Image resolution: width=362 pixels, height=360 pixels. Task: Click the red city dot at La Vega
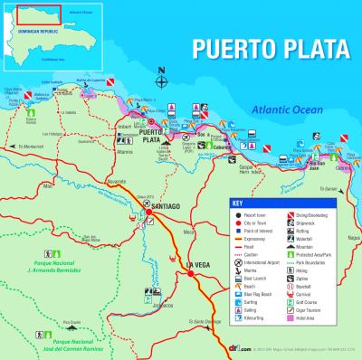pyautogui.click(x=190, y=274)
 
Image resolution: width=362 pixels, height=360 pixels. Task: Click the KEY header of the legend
pyautogui.click(x=238, y=203)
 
